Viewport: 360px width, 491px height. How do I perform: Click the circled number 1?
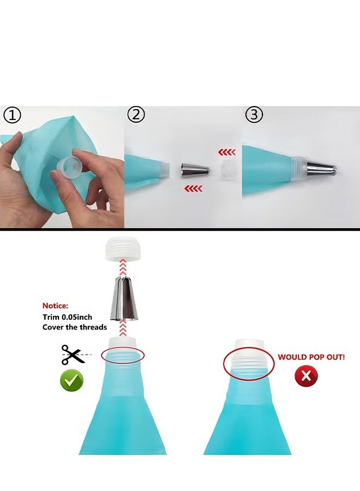click(12, 115)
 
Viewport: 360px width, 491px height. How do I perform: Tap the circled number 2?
click(136, 115)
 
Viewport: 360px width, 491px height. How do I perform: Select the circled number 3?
click(254, 115)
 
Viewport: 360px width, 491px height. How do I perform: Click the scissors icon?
click(73, 355)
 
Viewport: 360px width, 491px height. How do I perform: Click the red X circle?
click(306, 375)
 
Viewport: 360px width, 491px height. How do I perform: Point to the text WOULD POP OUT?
click(311, 357)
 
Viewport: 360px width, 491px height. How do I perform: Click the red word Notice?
click(55, 306)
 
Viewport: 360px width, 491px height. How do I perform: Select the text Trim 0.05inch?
click(67, 317)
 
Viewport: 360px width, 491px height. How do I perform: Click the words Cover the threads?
click(75, 327)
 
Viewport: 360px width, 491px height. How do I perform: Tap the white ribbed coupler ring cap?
click(123, 249)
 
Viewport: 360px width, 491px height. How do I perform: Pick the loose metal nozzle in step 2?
click(195, 171)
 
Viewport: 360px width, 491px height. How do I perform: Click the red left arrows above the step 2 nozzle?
click(227, 153)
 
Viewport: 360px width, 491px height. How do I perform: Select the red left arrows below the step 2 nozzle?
click(193, 189)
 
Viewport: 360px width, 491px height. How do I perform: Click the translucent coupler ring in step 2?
click(227, 171)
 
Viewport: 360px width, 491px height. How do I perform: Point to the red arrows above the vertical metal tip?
click(123, 267)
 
